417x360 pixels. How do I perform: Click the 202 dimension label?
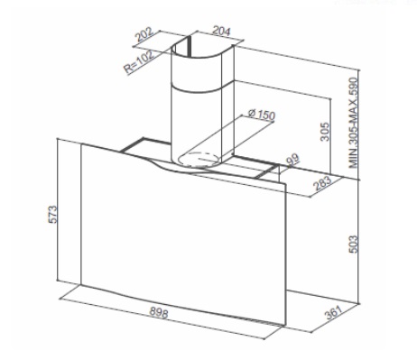tap(144, 35)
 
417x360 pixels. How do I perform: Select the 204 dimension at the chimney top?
tap(221, 31)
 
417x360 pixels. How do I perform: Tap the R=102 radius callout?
tap(139, 62)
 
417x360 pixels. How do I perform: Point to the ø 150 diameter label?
tap(262, 115)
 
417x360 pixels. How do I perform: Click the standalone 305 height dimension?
tap(325, 132)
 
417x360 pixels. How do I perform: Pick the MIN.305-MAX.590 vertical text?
tap(354, 123)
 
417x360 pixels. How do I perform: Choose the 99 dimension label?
tap(293, 160)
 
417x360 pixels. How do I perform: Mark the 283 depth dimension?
tap(322, 183)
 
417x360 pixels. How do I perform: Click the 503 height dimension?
tap(354, 245)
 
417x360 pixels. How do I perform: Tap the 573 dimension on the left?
tap(52, 214)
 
